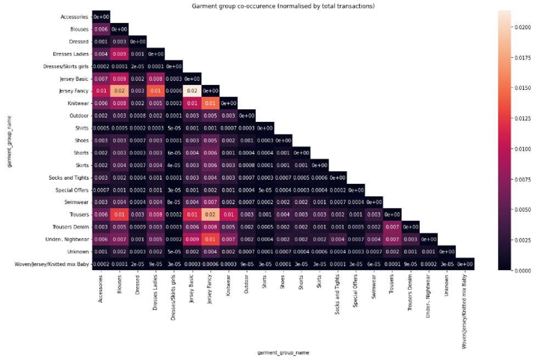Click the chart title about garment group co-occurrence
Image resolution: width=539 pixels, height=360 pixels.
[283, 6]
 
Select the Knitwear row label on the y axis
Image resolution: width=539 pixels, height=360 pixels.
[76, 103]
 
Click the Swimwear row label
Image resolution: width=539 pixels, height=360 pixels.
[76, 202]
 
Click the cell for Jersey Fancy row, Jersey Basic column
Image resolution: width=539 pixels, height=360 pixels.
[192, 91]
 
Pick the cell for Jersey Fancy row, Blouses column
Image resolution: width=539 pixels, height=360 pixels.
[119, 91]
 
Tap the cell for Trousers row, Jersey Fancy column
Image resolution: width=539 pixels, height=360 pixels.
[210, 215]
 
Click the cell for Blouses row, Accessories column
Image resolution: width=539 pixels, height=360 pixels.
[101, 29]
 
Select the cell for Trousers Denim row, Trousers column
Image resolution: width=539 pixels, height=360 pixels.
[392, 227]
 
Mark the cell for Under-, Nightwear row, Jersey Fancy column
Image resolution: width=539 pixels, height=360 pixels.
[210, 239]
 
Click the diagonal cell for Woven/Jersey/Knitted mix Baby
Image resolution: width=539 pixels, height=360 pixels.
[465, 264]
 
